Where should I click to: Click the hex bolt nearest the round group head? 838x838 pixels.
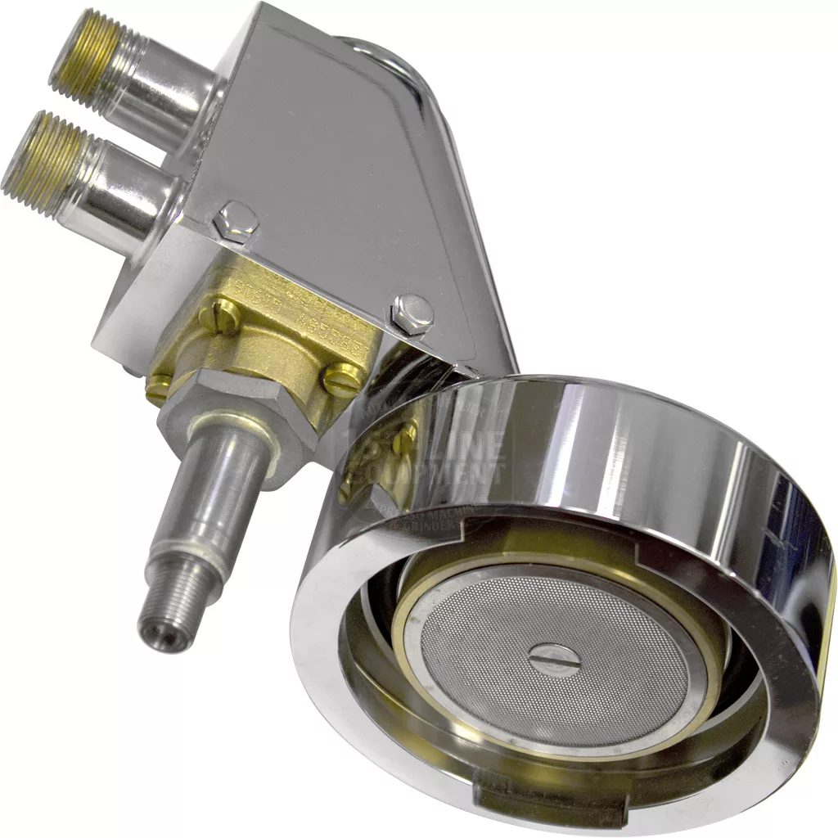coord(412,313)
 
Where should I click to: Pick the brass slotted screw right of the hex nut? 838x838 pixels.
coord(342,380)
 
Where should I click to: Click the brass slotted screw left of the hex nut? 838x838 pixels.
coord(158,388)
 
